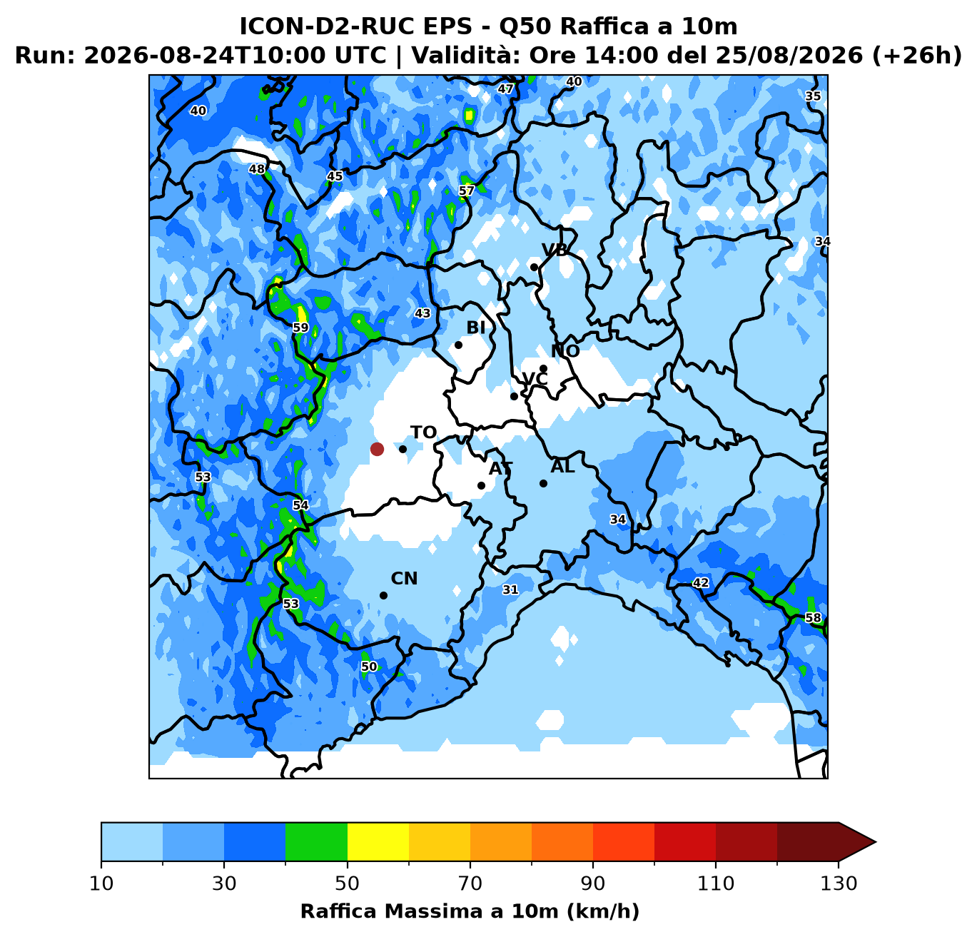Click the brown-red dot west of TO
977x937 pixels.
[377, 449]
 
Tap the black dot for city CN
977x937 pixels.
[383, 596]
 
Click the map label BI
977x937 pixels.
[476, 328]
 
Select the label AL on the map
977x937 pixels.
[562, 467]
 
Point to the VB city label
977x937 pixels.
[555, 250]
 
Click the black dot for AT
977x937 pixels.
[481, 485]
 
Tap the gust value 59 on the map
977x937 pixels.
[300, 328]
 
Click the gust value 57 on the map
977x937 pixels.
[467, 191]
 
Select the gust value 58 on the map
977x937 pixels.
[813, 617]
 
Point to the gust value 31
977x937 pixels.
[510, 589]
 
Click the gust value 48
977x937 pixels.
[257, 169]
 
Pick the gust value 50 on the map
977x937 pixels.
[369, 667]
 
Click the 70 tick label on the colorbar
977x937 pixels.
[470, 883]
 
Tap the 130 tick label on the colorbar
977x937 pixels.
[838, 883]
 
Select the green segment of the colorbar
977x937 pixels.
[316, 841]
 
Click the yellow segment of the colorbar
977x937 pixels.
[378, 841]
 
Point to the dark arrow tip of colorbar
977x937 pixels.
[876, 841]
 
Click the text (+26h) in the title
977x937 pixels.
[916, 55]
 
